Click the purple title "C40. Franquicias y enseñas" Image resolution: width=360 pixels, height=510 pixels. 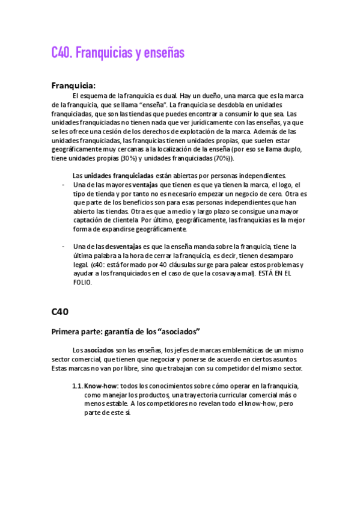pos(118,54)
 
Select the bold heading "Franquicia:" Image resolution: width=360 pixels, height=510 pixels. pos(73,85)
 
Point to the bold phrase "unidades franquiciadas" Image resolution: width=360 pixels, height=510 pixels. pos(118,176)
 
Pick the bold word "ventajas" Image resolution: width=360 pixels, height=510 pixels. pos(145,185)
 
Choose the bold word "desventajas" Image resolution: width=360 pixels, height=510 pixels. pos(124,247)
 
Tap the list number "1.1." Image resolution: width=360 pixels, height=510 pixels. pos(77,386)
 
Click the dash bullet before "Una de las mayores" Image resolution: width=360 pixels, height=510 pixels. pos(64,185)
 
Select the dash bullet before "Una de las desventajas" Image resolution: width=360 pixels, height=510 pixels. pos(64,247)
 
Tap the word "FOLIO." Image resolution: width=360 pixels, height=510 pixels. pos(82,283)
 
